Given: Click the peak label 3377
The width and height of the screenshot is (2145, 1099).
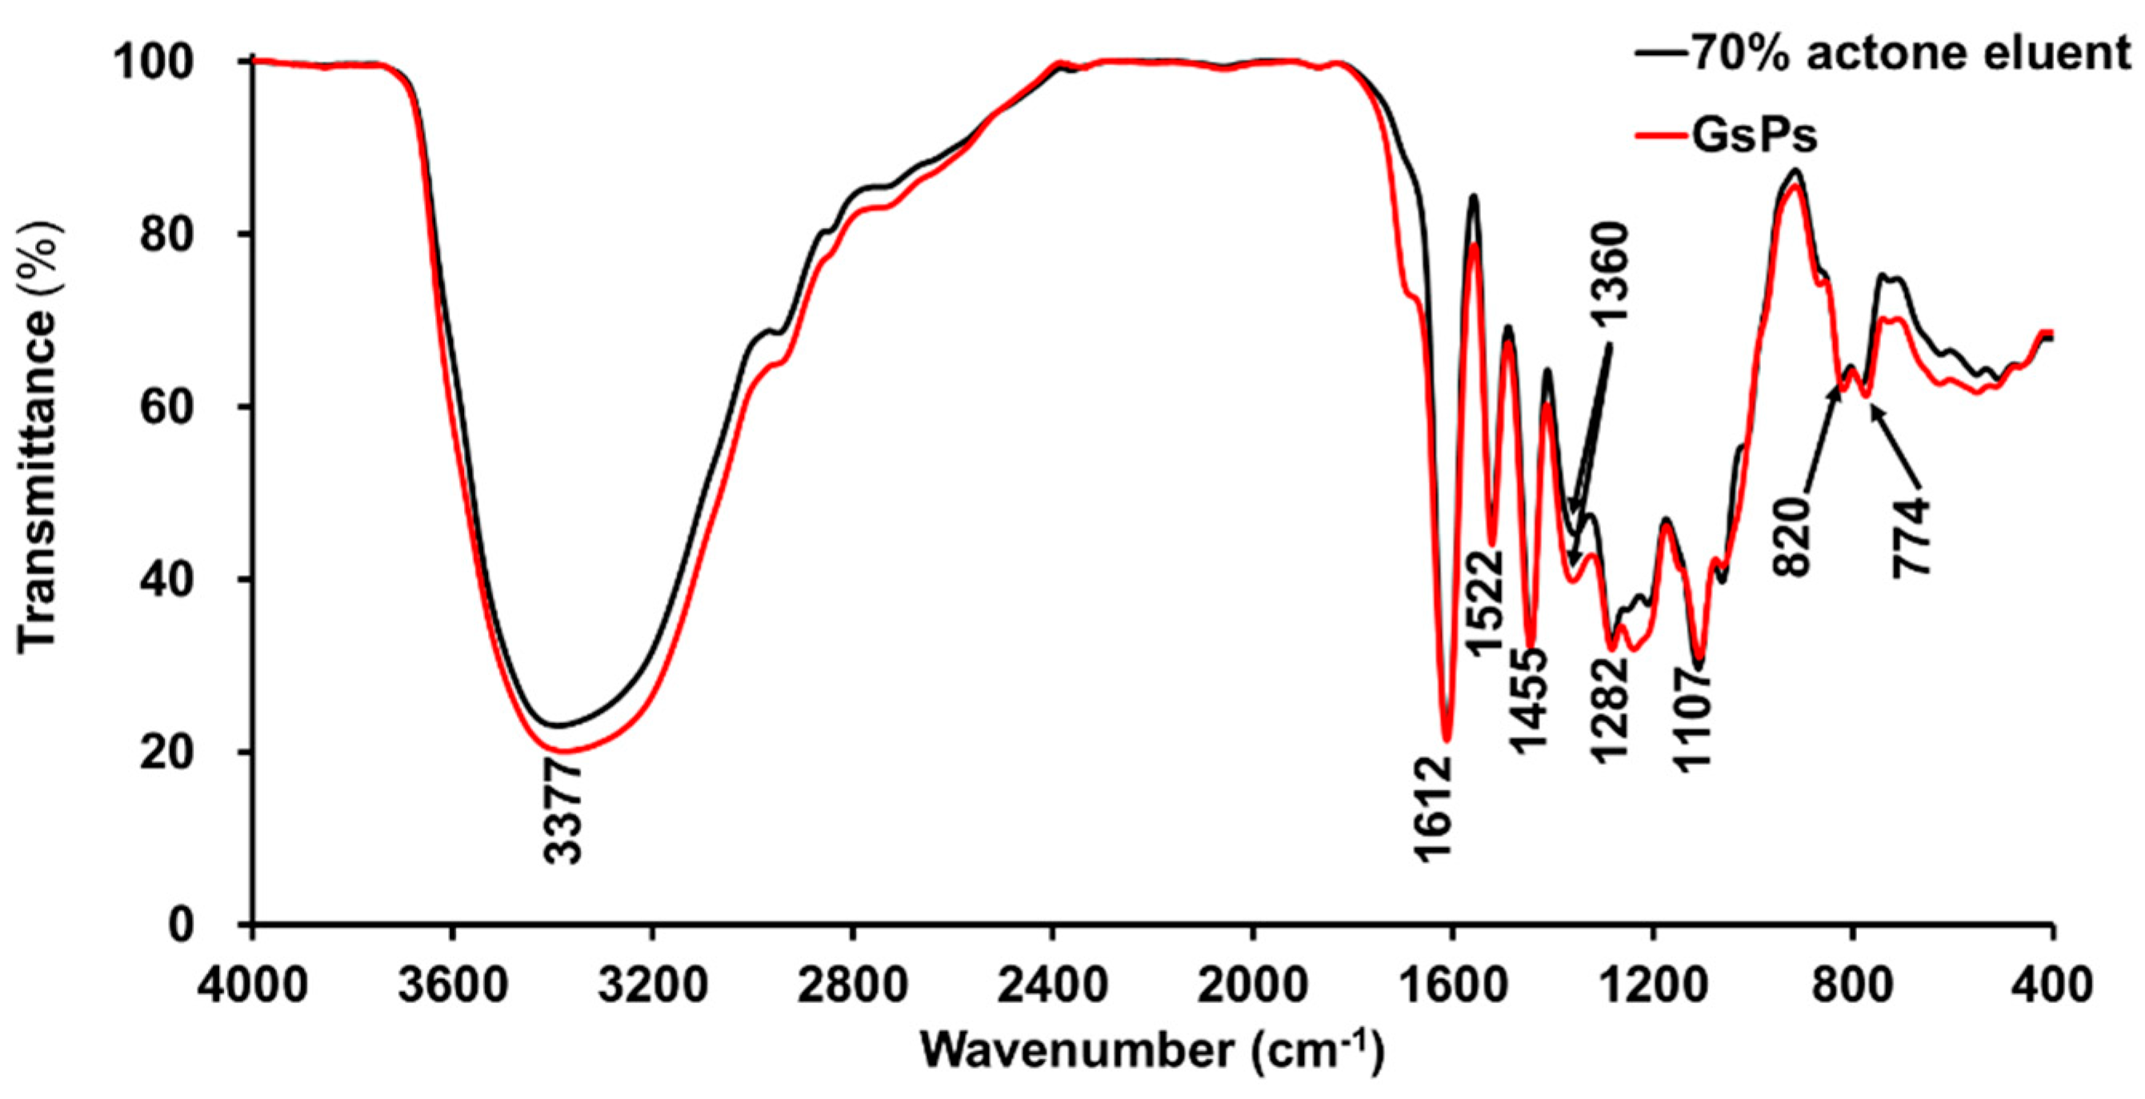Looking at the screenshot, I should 563,815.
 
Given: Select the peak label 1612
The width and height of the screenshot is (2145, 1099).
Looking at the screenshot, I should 1434,809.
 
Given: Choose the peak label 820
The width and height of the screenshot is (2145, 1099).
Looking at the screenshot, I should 1793,536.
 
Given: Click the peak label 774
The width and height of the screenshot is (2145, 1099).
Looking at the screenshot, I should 1911,537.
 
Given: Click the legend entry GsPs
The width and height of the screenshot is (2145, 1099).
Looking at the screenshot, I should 1755,135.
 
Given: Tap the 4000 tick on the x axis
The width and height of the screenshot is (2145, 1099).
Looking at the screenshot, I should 252,986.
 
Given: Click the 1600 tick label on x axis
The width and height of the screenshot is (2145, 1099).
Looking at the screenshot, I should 1452,986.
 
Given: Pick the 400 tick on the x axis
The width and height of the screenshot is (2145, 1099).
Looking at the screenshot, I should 2052,986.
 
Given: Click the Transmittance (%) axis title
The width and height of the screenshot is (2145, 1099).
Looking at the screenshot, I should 38,440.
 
